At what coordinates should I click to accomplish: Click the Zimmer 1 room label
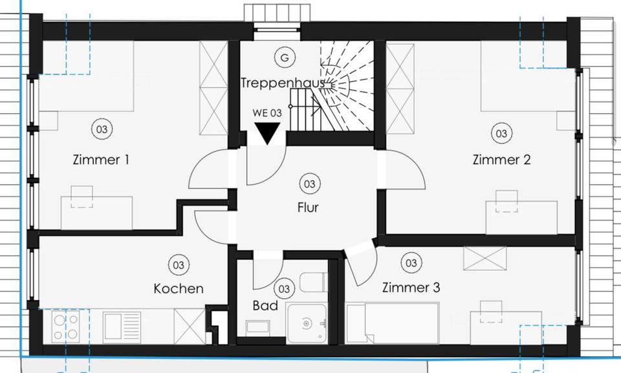point(100,159)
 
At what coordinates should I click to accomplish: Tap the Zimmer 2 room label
point(501,159)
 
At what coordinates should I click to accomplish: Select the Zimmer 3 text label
point(411,287)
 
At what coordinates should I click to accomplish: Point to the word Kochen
point(179,288)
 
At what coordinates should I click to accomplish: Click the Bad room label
point(265,304)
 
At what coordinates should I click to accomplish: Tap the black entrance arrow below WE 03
point(267,134)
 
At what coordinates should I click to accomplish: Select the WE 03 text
point(267,112)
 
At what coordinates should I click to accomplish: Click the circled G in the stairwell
point(283,58)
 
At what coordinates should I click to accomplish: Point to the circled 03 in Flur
point(309,184)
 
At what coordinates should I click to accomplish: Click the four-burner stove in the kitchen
point(65,326)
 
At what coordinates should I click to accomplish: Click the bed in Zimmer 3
point(393,324)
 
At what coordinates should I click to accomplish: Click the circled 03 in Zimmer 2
point(501,134)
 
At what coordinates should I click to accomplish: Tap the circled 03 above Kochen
point(178,264)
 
